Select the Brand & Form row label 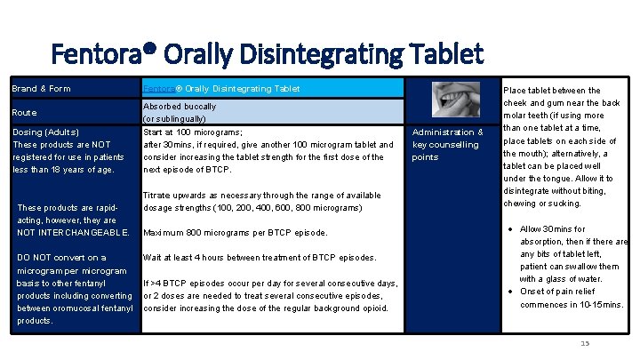coord(41,89)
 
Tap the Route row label coord(26,113)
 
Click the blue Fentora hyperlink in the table coord(159,89)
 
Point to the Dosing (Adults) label coord(44,132)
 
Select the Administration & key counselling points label coord(448,145)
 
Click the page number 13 coord(584,344)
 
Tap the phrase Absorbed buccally coord(180,107)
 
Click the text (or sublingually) coord(175,119)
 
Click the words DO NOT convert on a coord(62,258)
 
